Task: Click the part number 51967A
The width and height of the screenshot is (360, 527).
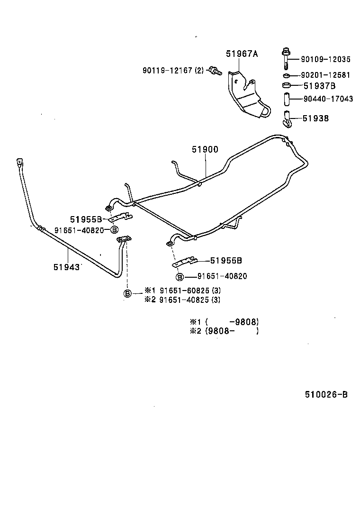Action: pyautogui.click(x=242, y=54)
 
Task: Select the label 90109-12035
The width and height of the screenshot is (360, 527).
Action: pyautogui.click(x=325, y=60)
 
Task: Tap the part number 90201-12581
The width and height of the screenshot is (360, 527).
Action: pyautogui.click(x=325, y=75)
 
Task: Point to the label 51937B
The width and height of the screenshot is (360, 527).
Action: pyautogui.click(x=319, y=86)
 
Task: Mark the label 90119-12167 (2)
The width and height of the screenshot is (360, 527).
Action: pyautogui.click(x=172, y=70)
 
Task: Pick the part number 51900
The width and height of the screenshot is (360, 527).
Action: pyautogui.click(x=205, y=150)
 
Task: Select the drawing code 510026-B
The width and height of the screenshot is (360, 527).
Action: pyautogui.click(x=323, y=395)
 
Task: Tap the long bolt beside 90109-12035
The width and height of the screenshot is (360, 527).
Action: pyautogui.click(x=287, y=59)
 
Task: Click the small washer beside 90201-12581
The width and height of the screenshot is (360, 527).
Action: pyautogui.click(x=287, y=75)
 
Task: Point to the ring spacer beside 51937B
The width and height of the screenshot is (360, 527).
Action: pyautogui.click(x=286, y=86)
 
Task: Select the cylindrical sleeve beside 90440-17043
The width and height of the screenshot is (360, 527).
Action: pyautogui.click(x=286, y=100)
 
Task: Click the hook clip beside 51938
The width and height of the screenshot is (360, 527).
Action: pyautogui.click(x=286, y=119)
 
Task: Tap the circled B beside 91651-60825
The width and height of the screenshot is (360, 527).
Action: pyautogui.click(x=127, y=294)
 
